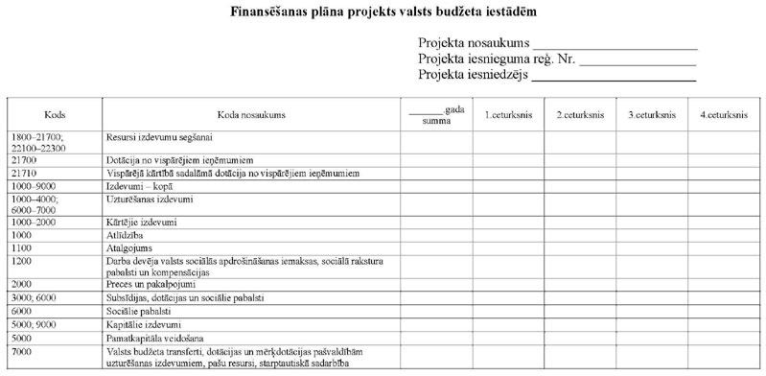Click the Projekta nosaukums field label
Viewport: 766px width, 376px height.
pos(474,44)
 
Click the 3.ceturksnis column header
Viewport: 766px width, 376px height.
pos(652,115)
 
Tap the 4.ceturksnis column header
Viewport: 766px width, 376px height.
pos(724,115)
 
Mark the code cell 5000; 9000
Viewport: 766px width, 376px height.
pos(32,324)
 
